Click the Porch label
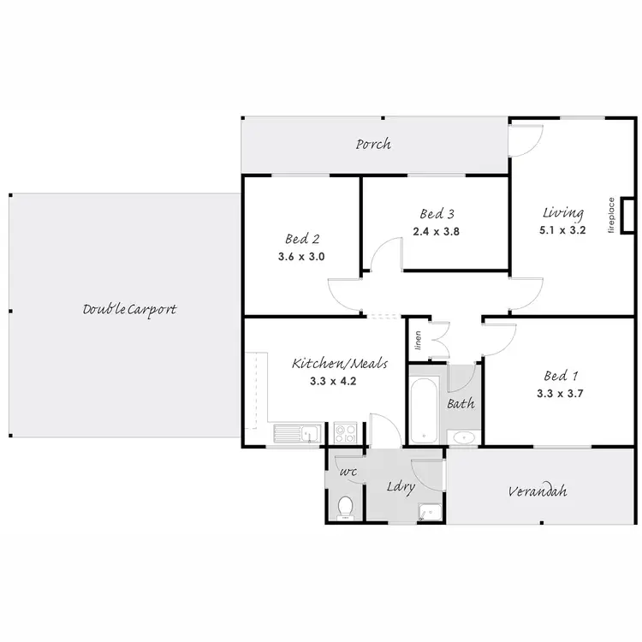tap(373, 144)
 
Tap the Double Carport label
tap(129, 308)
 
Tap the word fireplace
tap(611, 215)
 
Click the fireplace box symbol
tap(627, 215)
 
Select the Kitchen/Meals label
tap(340, 363)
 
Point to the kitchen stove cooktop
tap(344, 433)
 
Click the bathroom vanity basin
tap(463, 437)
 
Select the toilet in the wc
tap(345, 508)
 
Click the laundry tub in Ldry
tap(428, 512)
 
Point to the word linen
tap(419, 341)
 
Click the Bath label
tap(461, 402)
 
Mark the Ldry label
tap(401, 487)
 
